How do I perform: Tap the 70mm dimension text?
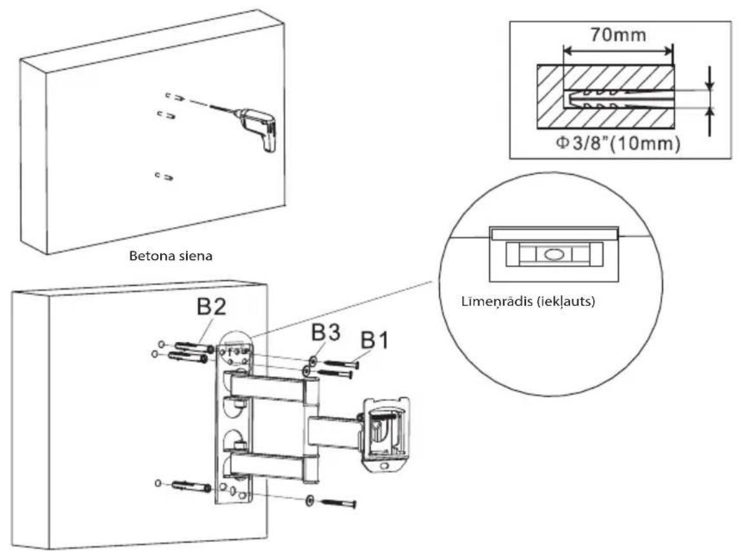(x=618, y=35)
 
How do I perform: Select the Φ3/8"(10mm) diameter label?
(x=618, y=143)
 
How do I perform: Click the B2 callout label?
(x=211, y=307)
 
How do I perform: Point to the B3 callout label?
(x=326, y=333)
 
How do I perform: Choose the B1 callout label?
(x=375, y=340)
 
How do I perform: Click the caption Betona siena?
(x=170, y=256)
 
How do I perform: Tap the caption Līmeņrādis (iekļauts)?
(x=528, y=301)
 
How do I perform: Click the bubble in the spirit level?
(x=554, y=255)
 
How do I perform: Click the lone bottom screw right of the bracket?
(x=338, y=503)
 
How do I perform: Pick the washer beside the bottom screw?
(x=310, y=499)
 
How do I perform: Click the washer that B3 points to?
(x=312, y=361)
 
